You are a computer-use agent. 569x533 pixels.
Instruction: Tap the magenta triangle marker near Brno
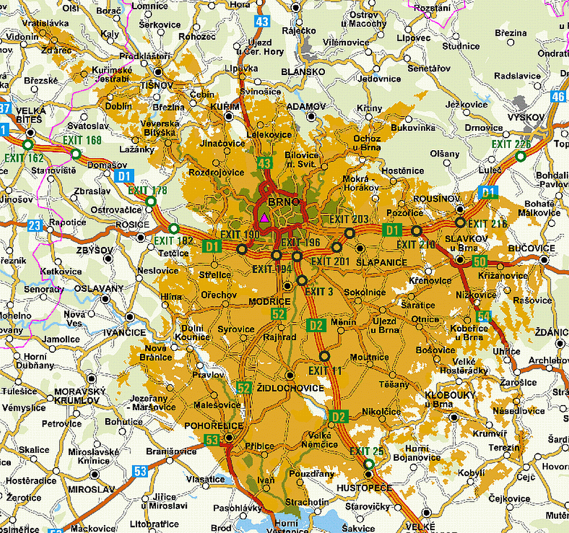pos(264,217)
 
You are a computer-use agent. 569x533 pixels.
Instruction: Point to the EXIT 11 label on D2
pos(325,371)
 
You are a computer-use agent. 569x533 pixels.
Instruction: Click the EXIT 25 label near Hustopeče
pos(366,452)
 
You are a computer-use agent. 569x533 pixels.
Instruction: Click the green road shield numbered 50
pos(479,262)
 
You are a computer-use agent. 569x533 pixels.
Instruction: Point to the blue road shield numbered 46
pos(559,97)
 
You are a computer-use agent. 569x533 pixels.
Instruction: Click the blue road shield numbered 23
pos(35,226)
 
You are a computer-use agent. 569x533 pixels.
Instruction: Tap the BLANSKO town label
pos(303,72)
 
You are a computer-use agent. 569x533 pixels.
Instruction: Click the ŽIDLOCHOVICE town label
pos(290,388)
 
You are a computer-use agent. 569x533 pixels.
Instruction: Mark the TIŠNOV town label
pos(156,84)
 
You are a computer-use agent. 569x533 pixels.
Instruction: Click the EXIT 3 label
pos(319,292)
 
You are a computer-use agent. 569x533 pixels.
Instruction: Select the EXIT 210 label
pos(415,245)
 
